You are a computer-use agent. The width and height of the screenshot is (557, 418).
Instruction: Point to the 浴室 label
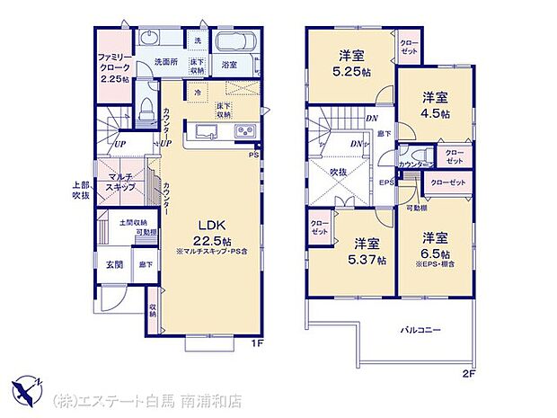point(229,65)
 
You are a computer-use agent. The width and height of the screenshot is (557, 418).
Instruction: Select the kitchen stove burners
point(244,134)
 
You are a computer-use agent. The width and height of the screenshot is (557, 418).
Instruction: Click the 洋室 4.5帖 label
point(437,106)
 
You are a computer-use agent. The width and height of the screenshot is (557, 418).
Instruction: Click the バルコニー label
point(420,331)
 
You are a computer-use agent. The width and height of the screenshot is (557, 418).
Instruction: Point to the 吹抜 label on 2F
point(340,171)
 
